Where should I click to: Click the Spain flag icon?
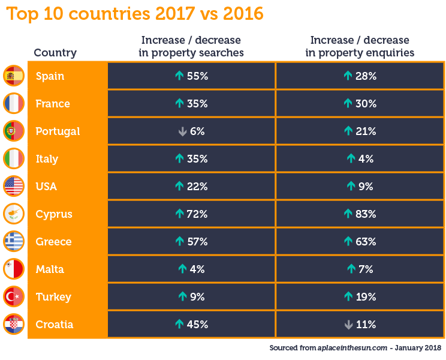point(13,76)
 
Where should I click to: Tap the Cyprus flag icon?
point(13,214)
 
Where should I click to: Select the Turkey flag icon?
point(13,297)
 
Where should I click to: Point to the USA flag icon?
point(13,187)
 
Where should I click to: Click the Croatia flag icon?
point(13,325)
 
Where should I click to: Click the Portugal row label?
point(58,131)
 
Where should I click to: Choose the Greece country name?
point(53,242)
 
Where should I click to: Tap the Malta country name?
point(50,269)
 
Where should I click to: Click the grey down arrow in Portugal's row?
point(182,131)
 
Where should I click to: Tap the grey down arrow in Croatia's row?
point(348,325)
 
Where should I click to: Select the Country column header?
point(55,52)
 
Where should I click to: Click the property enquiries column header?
point(360,46)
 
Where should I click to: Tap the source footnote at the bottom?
point(355,347)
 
